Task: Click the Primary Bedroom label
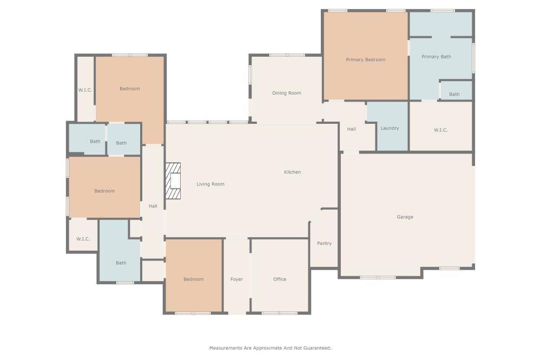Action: tap(366, 59)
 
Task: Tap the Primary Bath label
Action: tap(436, 57)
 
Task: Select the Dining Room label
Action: tap(286, 93)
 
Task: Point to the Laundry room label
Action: tap(390, 128)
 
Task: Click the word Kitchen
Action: tap(292, 172)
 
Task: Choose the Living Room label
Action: tap(210, 184)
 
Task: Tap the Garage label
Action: tap(405, 217)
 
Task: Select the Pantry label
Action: tap(324, 243)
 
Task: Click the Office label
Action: tap(280, 279)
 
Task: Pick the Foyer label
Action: tap(236, 279)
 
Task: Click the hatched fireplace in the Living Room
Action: tap(173, 181)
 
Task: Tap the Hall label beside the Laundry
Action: tap(351, 129)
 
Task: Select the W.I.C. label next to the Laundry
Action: tap(440, 130)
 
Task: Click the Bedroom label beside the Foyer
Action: tap(193, 279)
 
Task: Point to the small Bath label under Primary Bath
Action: tap(454, 94)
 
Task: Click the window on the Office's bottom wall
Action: tap(279, 313)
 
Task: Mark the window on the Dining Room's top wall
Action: tap(287, 55)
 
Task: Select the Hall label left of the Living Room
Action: tap(153, 206)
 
